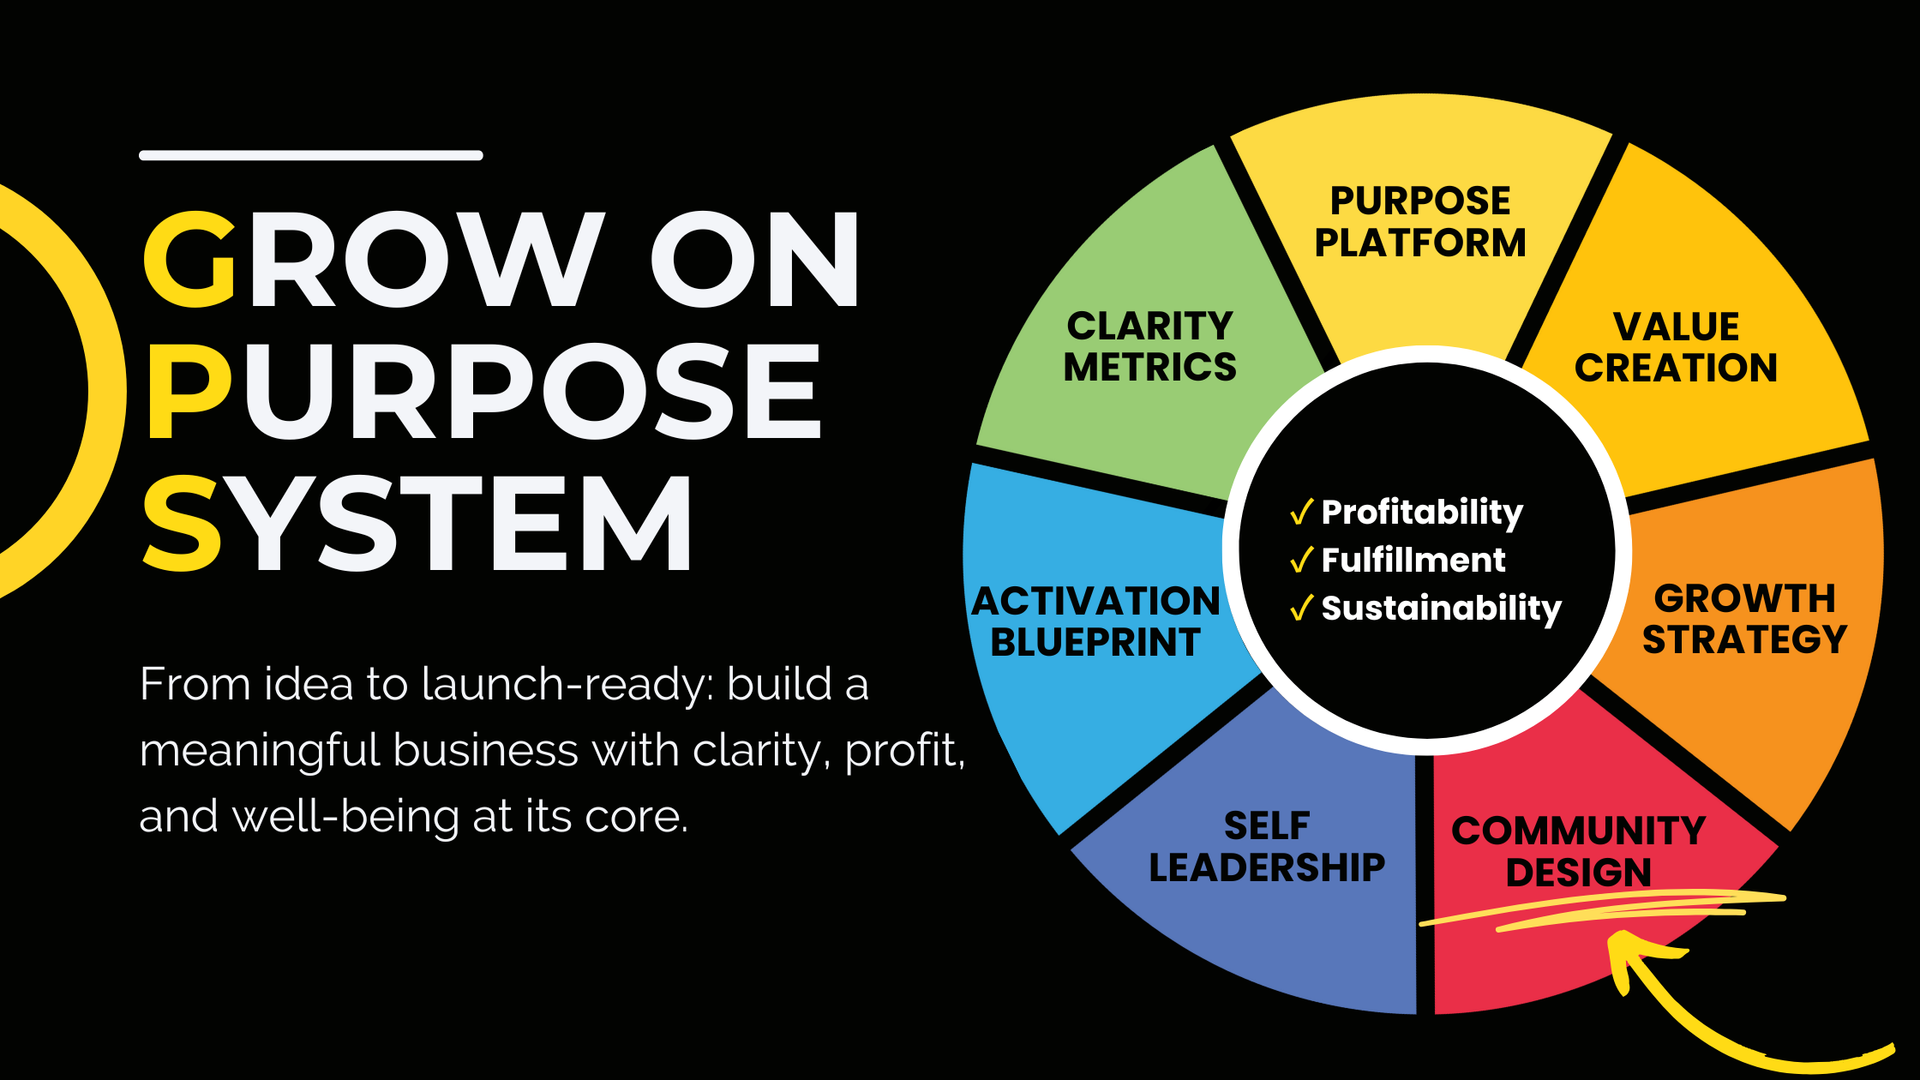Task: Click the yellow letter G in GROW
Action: click(190, 260)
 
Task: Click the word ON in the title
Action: click(754, 260)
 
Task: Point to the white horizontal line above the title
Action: click(311, 155)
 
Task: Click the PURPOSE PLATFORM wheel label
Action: click(1420, 222)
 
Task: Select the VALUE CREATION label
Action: click(1676, 348)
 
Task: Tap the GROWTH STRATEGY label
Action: click(1744, 619)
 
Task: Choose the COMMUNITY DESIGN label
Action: click(1578, 851)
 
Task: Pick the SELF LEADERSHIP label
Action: click(1267, 847)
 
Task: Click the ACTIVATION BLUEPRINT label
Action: click(1095, 621)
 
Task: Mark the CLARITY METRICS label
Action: click(1149, 346)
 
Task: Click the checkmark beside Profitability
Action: click(1301, 513)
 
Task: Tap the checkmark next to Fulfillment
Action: click(1301, 561)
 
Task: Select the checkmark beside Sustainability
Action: click(1301, 609)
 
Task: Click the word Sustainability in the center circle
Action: click(1442, 609)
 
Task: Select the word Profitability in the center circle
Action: click(1422, 513)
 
